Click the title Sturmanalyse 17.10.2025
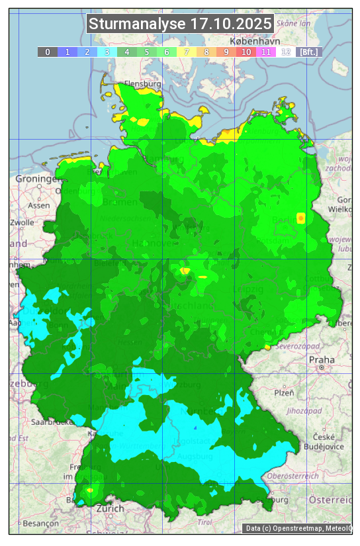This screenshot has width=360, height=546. point(180,24)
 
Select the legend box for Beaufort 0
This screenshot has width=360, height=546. point(47,52)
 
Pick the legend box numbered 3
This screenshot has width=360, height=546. point(107,52)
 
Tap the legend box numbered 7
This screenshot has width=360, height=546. point(187,52)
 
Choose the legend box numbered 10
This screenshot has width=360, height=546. point(246,52)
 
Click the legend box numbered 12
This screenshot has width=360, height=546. point(286,52)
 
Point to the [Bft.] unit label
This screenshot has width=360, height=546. point(309,52)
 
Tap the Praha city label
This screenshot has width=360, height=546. point(322,360)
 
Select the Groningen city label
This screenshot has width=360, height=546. point(34,179)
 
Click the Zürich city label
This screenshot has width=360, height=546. point(110,508)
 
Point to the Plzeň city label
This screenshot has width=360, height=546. point(284,392)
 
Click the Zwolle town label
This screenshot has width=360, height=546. point(21,222)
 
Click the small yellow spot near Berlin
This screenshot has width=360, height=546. point(301,218)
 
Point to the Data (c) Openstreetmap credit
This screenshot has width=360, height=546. point(298,528)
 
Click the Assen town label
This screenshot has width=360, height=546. point(39,205)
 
